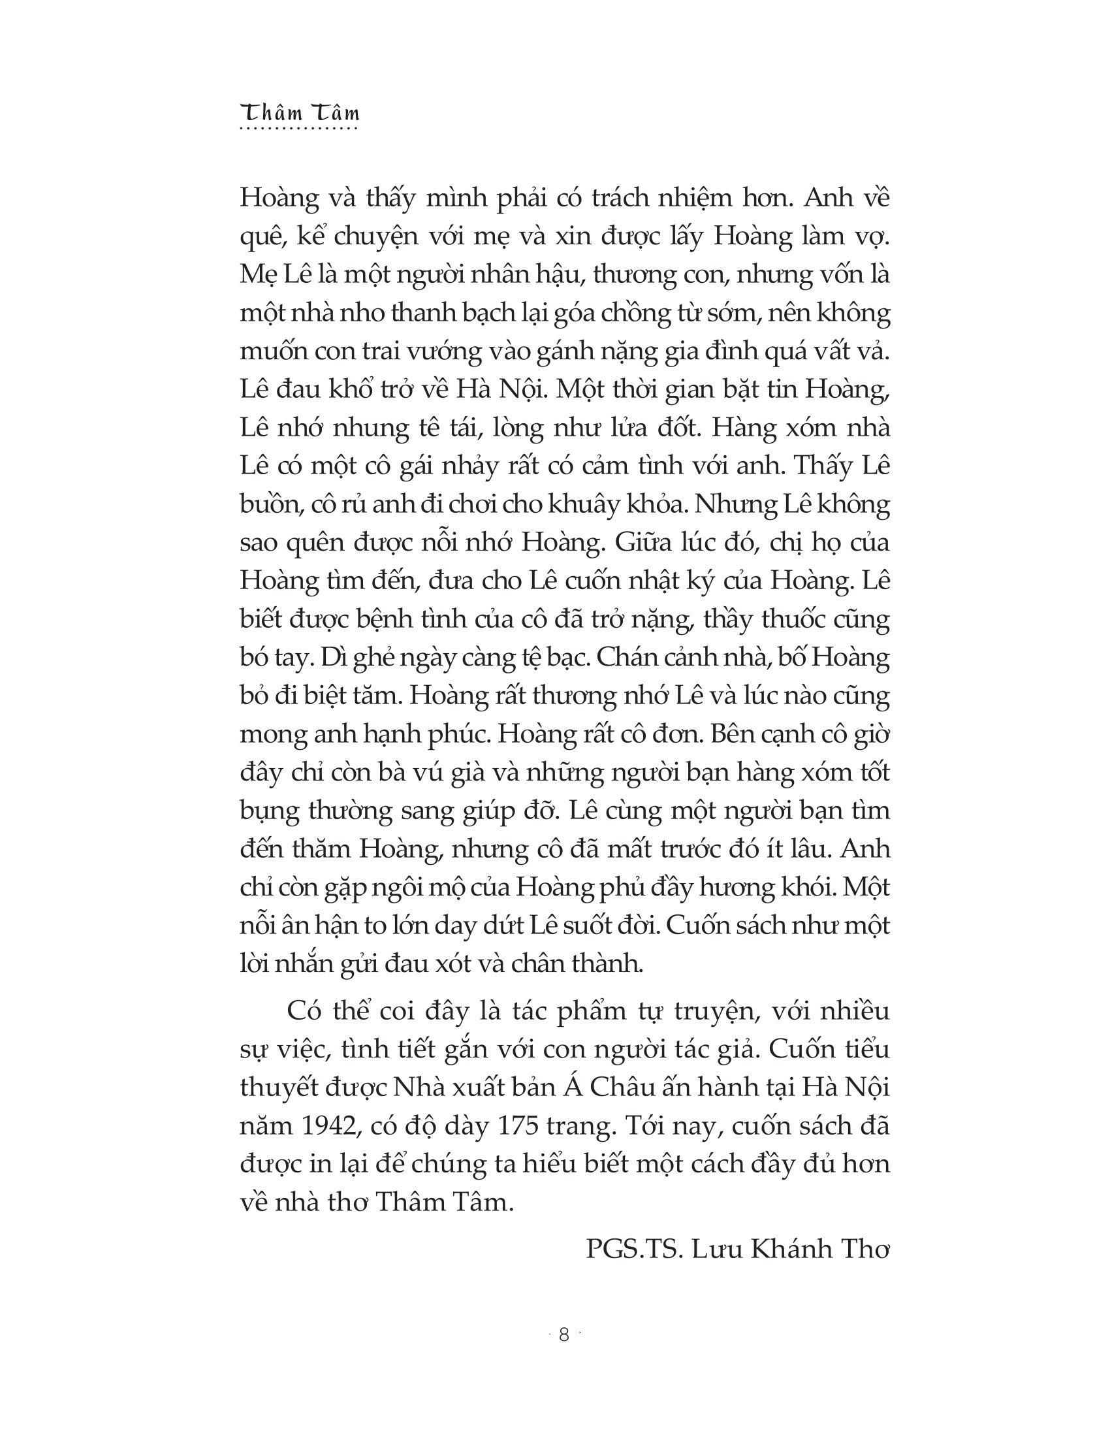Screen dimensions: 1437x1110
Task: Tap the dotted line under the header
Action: click(300, 128)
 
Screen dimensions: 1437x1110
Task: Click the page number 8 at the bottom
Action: click(563, 1334)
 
